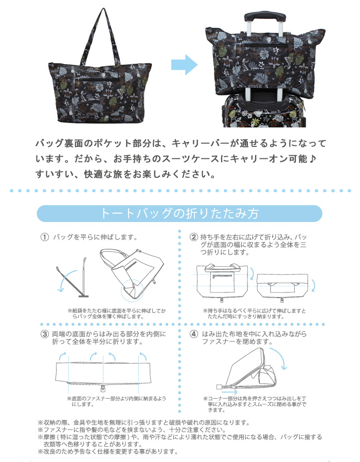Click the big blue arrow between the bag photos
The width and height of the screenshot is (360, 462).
click(184, 65)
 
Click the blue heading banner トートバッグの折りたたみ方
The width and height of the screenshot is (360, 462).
click(179, 213)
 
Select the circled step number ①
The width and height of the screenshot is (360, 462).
click(45, 237)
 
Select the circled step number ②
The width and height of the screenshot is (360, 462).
click(194, 237)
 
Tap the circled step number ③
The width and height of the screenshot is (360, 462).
click(45, 334)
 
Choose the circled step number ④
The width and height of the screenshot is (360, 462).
click(194, 334)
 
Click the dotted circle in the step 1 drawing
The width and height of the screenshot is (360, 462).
click(121, 290)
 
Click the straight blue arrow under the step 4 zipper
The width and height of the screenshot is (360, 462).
click(229, 392)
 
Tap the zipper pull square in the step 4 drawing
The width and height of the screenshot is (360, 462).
click(219, 386)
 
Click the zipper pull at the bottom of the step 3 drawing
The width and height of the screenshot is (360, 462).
click(103, 389)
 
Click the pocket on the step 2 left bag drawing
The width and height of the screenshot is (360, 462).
click(222, 282)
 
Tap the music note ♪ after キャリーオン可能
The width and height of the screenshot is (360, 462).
click(313, 159)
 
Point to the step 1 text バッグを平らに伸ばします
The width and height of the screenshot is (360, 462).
click(95, 237)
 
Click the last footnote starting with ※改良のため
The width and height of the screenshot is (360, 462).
click(108, 451)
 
